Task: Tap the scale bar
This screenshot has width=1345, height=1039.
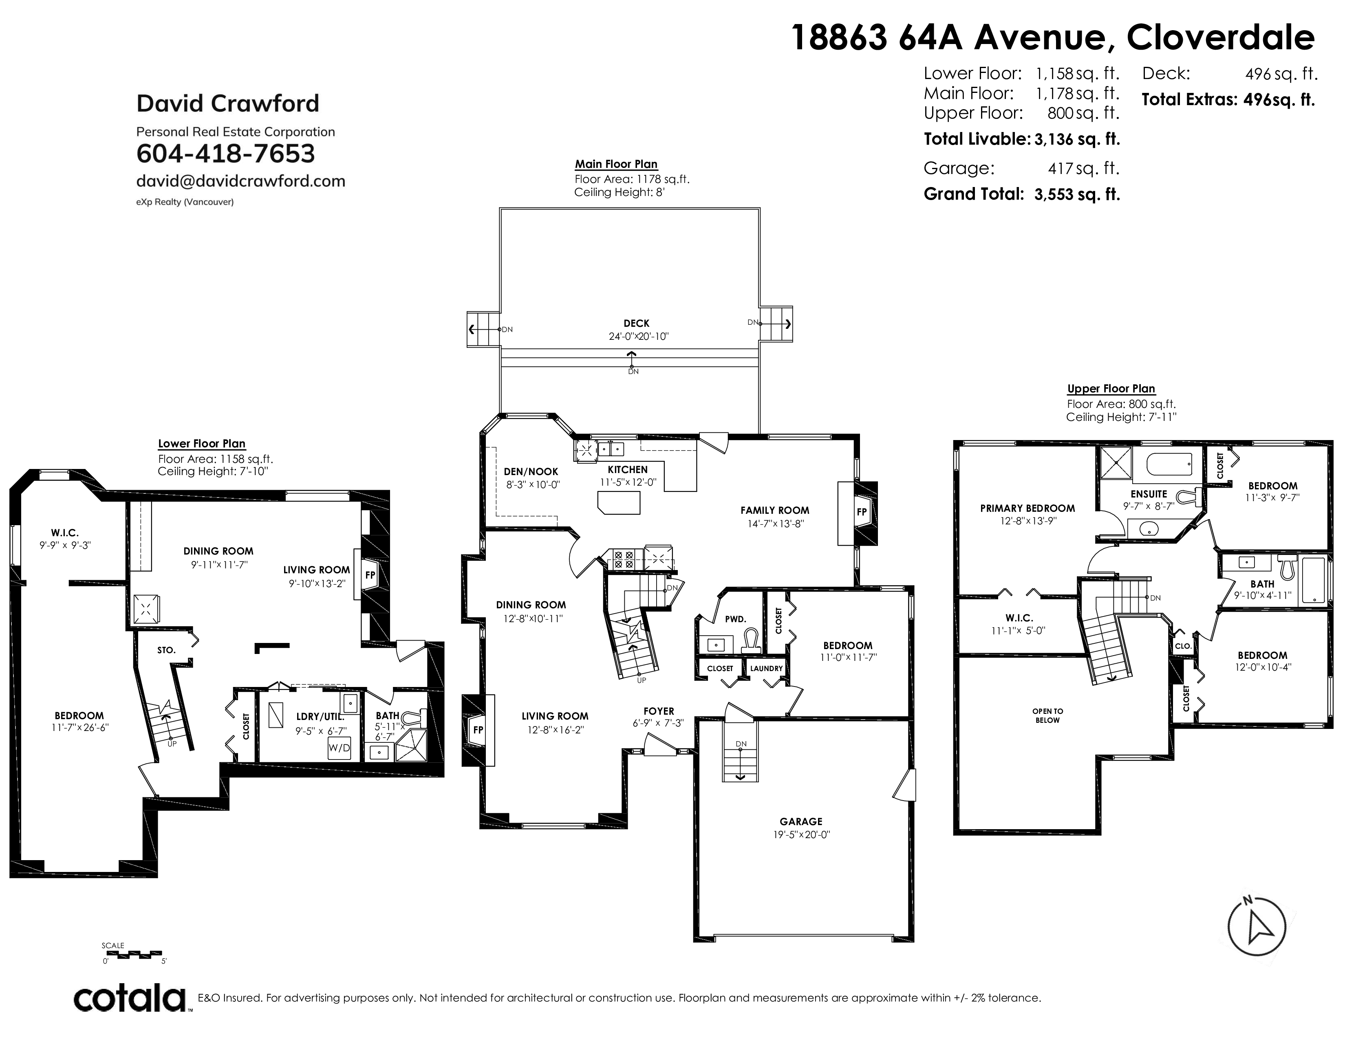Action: point(132,954)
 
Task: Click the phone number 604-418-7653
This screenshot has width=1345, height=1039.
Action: point(225,153)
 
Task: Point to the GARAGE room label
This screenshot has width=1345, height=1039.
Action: point(800,821)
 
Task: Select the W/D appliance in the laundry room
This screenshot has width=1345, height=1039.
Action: point(339,748)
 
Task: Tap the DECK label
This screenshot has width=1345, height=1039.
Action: point(636,323)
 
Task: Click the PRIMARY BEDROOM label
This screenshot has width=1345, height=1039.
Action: point(1027,508)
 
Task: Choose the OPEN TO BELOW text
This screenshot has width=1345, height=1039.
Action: point(1047,715)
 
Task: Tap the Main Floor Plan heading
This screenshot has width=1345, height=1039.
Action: point(616,164)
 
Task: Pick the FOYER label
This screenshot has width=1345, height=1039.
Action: point(658,711)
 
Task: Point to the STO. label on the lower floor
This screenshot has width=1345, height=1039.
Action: point(166,650)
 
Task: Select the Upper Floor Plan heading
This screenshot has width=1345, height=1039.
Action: point(1111,389)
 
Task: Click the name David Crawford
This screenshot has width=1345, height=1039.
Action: point(228,103)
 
